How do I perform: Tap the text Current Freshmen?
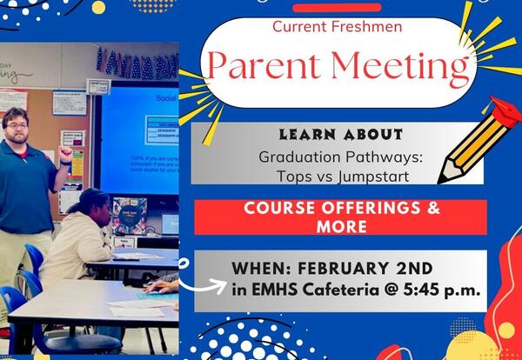(337, 26)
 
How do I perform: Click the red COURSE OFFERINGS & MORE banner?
(341, 217)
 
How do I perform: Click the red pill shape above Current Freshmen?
(337, 7)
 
